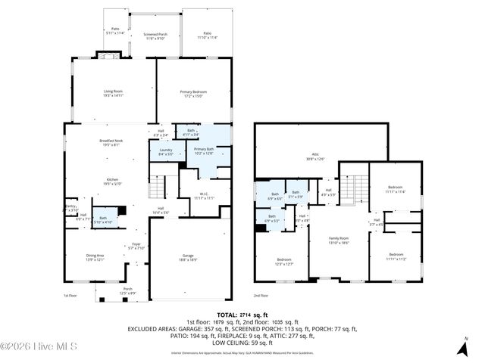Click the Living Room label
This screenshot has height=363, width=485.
coord(113,94)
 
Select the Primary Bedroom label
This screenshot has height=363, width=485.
coord(193,94)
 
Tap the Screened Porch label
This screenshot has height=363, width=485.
coord(139,36)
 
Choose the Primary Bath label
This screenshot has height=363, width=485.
coord(204,151)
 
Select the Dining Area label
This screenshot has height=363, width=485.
coord(95,257)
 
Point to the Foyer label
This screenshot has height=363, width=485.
coord(136,245)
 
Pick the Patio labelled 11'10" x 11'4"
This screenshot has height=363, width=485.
coord(204,35)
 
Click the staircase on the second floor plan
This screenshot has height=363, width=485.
coord(351,186)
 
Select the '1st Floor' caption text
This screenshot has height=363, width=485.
coord(70,295)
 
